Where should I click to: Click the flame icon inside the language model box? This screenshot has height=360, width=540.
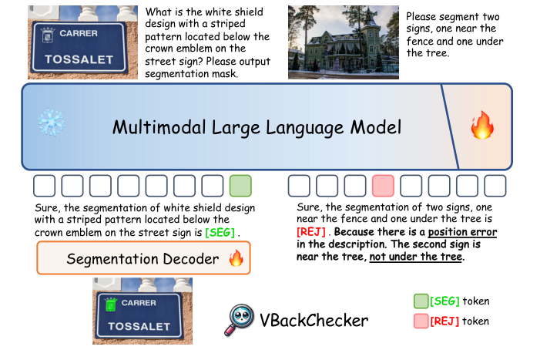click(482, 125)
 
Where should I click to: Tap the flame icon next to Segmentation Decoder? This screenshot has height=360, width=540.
click(236, 259)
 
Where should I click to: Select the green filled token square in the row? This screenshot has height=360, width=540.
click(240, 186)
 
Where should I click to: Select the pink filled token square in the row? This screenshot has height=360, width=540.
click(383, 186)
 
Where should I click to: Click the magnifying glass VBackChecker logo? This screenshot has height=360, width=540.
click(240, 320)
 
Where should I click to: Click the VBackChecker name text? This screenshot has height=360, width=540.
click(315, 320)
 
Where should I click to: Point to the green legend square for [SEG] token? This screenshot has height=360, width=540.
click(421, 301)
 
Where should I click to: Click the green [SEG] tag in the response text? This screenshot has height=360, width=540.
click(220, 232)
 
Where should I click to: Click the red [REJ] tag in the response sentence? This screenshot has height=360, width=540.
click(311, 232)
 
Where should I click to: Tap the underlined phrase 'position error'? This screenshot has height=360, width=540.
click(462, 232)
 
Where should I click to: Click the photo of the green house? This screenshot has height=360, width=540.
click(344, 42)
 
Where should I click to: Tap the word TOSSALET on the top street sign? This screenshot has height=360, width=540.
click(77, 58)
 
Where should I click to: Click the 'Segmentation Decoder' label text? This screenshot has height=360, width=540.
click(143, 259)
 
